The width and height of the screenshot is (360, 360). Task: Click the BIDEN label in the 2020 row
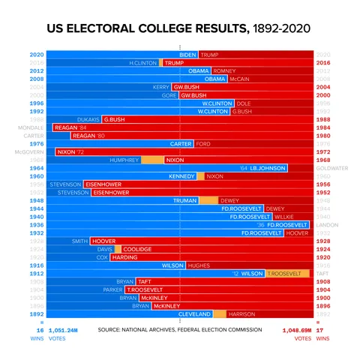188,55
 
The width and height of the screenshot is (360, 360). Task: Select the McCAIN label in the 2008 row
239,79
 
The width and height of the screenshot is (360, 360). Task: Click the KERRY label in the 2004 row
161,87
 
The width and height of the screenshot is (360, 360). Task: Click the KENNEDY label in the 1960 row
181,176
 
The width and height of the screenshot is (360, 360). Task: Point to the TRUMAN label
184,200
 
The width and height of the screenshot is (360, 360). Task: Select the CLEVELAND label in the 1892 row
195,313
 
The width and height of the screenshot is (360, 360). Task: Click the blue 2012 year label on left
37,71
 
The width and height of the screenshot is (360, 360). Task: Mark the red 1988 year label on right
323,119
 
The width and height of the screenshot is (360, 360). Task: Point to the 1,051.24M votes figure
62,330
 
